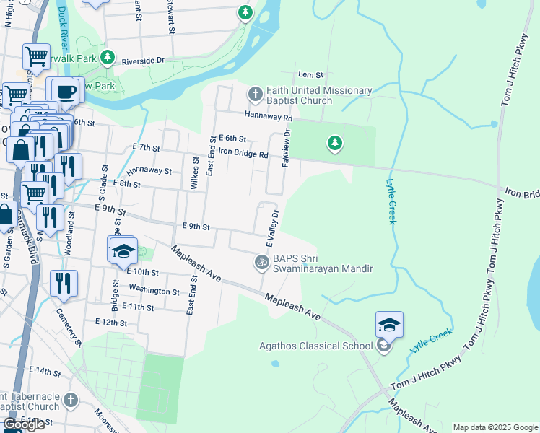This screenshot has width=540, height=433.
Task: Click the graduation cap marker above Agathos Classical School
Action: point(389,325)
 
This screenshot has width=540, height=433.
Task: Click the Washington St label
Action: point(154,291)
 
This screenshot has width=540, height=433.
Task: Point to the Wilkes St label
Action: point(195,173)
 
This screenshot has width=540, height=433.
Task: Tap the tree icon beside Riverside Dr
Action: point(108,56)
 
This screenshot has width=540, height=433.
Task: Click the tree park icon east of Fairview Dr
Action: point(334,144)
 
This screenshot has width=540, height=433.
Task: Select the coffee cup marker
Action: point(66,92)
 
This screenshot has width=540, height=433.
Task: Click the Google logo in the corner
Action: point(25,424)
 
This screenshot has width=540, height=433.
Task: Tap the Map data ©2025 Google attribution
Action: point(495,427)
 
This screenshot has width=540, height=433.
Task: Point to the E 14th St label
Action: point(45,371)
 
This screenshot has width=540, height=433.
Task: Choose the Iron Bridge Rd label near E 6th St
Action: point(243,154)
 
